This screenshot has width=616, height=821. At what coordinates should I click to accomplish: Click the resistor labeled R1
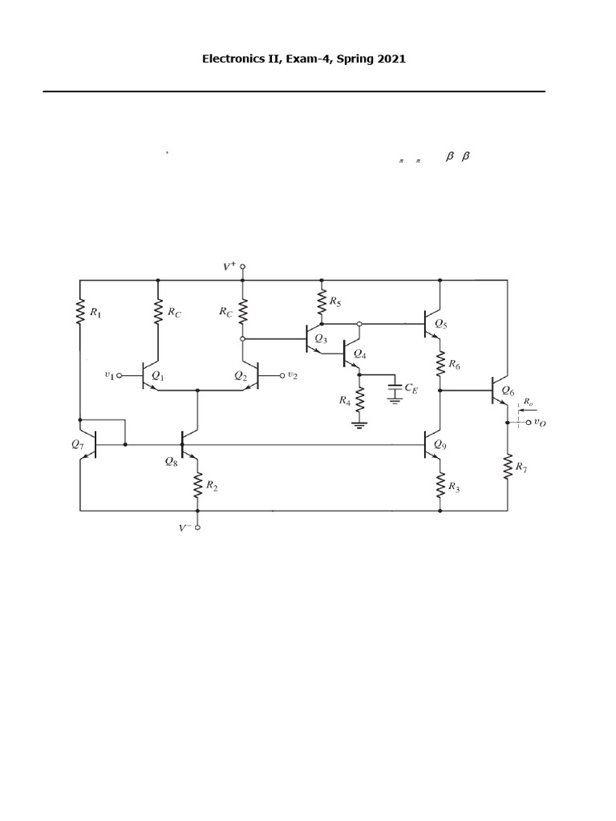click(x=80, y=310)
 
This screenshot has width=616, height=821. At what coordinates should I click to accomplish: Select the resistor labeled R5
click(x=322, y=301)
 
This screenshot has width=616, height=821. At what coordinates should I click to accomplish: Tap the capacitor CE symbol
click(x=394, y=390)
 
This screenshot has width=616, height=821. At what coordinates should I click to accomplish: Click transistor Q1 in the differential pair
click(x=148, y=374)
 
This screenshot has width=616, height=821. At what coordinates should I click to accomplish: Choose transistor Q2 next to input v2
click(x=251, y=374)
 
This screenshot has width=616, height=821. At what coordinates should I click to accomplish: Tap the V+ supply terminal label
click(x=230, y=266)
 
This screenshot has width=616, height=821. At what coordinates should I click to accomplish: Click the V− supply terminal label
click(x=185, y=528)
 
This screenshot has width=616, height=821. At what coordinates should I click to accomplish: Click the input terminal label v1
click(x=110, y=374)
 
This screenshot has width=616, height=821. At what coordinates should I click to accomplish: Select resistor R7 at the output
click(x=508, y=466)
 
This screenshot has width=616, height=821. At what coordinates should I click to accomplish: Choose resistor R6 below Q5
click(x=440, y=365)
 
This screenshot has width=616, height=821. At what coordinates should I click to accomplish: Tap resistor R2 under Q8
click(x=197, y=483)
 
